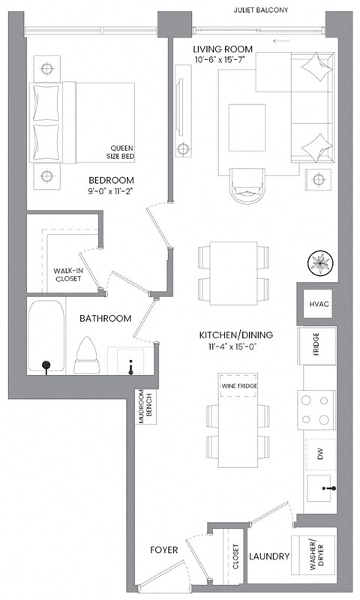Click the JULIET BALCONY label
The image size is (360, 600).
(261, 10)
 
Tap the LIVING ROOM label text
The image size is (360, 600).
(222, 49)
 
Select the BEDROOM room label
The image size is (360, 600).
(111, 180)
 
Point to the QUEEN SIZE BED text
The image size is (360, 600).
(121, 153)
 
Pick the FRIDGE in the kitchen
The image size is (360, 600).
(316, 346)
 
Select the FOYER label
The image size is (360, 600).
(163, 550)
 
